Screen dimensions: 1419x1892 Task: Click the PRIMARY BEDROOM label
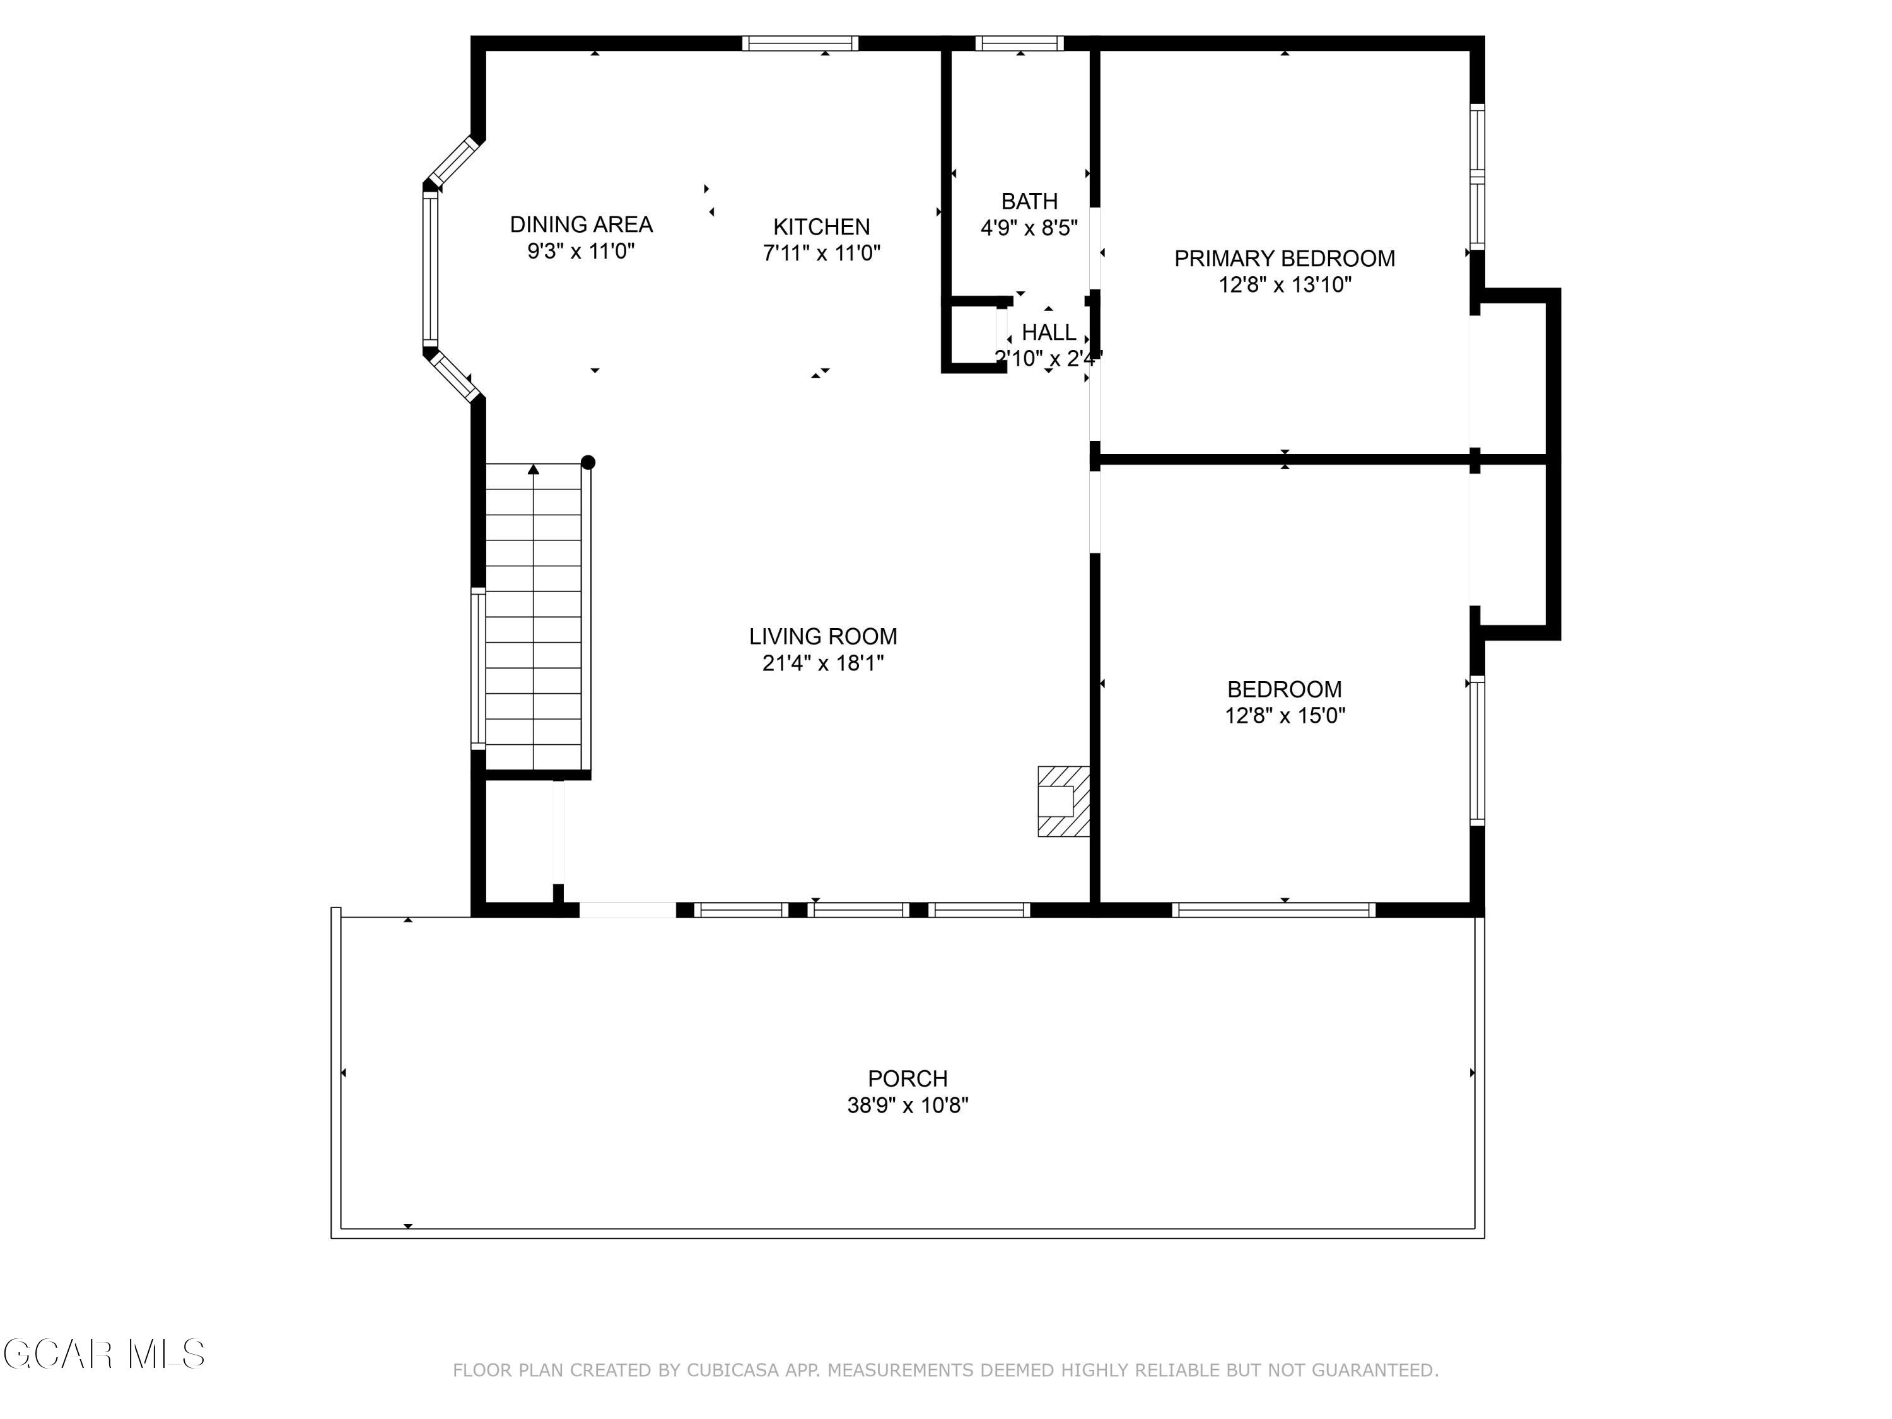1284,259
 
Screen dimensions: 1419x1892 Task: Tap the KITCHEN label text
821,226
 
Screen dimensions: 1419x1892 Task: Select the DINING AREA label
581,224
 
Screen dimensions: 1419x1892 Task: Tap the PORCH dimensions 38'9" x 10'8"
907,1105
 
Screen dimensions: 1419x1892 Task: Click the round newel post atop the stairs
588,463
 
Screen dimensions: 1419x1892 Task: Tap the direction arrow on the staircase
534,470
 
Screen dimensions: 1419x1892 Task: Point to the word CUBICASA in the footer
733,1370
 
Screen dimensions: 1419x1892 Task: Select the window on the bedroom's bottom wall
1273,909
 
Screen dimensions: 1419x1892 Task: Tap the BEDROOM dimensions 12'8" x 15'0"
1284,715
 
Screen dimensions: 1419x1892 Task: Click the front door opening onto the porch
627,909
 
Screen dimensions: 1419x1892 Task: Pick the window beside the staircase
478,668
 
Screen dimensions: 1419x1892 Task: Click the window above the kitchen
800,44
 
